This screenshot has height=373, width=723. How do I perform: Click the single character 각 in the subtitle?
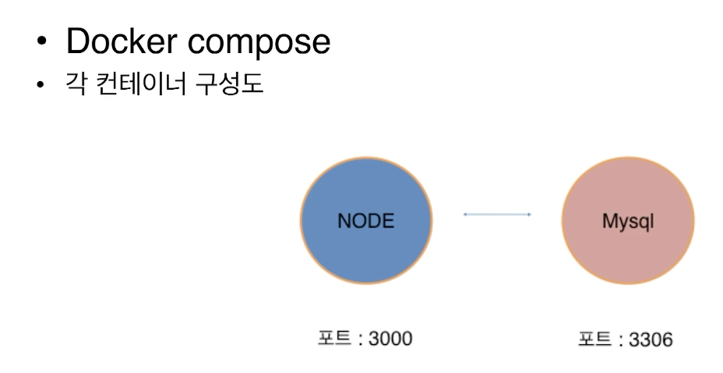pos(76,84)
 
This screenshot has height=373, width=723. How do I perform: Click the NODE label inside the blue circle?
pos(365,221)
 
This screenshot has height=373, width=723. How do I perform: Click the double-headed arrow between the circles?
pos(497,214)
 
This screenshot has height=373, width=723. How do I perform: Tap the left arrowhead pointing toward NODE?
pos(466,214)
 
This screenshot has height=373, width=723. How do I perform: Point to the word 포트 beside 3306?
pos(592,340)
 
